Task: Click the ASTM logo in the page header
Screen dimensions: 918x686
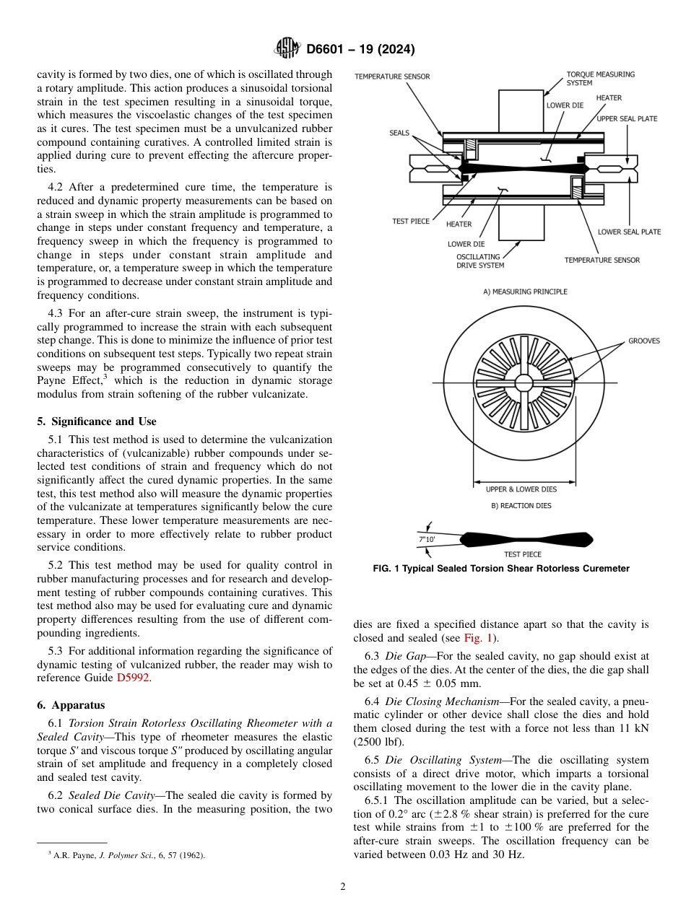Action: (287, 49)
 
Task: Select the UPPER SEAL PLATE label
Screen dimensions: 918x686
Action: (627, 118)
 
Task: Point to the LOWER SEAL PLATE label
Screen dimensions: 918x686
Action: (629, 232)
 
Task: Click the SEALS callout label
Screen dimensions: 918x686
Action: (399, 133)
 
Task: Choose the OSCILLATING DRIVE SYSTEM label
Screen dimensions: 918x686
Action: (480, 261)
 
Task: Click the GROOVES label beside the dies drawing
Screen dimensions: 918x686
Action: (643, 341)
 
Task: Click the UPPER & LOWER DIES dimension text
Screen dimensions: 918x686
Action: (521, 489)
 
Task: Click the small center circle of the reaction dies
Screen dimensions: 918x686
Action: (524, 382)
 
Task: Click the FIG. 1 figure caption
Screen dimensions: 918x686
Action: (501, 569)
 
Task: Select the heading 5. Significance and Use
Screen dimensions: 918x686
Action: (97, 421)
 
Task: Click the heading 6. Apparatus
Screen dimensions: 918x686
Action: (71, 704)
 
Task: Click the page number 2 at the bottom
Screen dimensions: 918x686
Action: (343, 887)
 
